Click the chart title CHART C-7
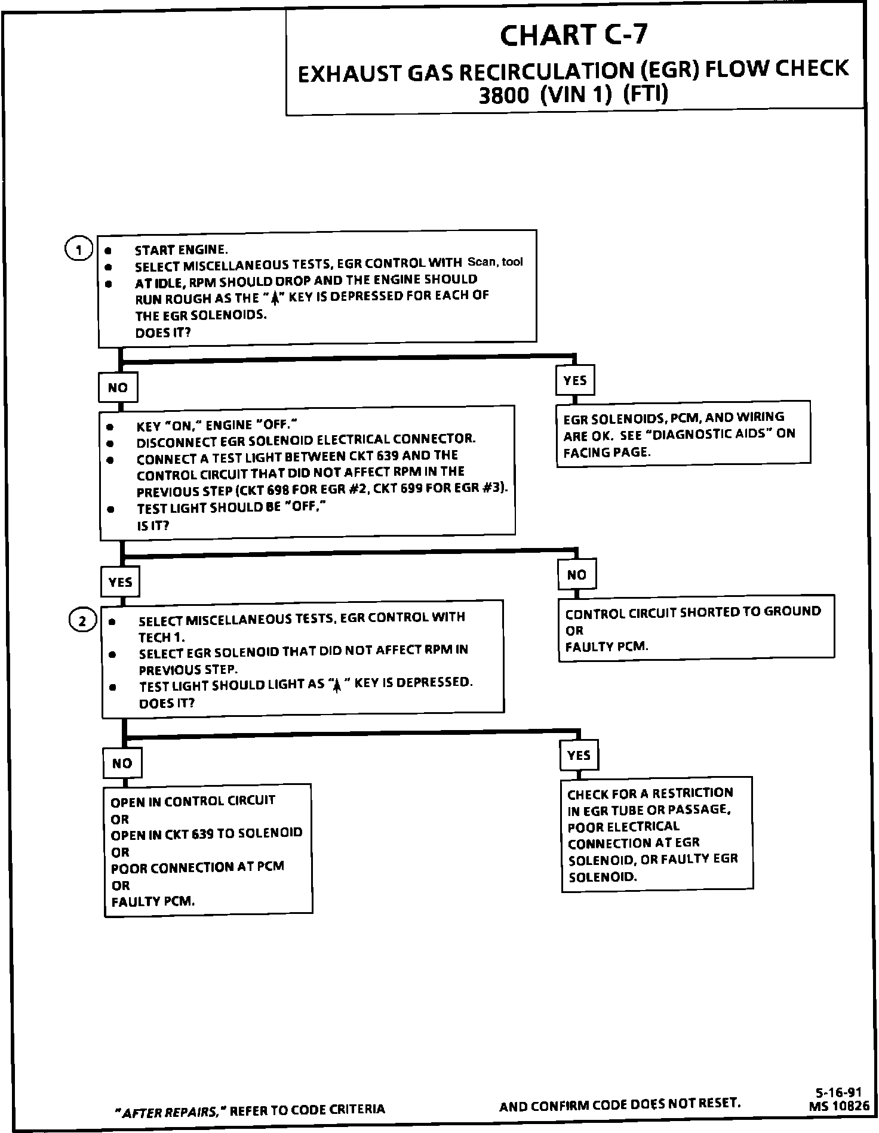573,35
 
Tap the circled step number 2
82,621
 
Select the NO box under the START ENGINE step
118,388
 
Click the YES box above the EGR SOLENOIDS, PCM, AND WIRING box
575,380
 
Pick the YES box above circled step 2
120,582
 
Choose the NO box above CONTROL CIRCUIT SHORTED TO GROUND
577,575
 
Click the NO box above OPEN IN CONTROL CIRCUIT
122,763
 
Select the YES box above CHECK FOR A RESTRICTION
579,756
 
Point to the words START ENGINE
181,250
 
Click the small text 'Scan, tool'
495,261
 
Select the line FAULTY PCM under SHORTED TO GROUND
606,646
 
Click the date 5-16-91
838,1092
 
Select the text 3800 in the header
503,96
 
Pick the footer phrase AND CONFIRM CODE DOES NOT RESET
620,1106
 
